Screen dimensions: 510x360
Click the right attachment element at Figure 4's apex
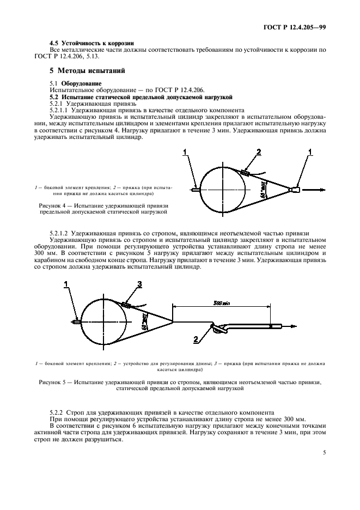296,190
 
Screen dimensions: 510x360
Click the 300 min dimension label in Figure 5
221,303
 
